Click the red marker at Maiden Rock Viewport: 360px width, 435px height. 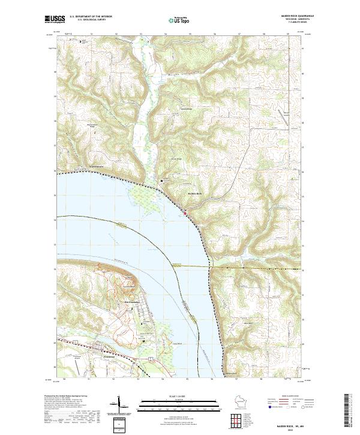coord(185,212)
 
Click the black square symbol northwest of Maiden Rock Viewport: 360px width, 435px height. coord(161,181)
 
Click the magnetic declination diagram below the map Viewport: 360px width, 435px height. coord(119,406)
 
